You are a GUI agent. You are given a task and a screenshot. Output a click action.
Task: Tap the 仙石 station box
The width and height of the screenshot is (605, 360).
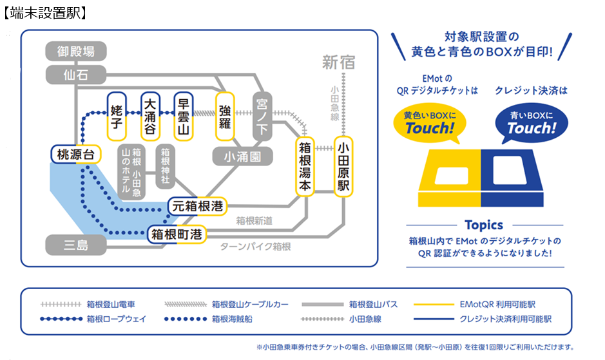pyautogui.click(x=75, y=75)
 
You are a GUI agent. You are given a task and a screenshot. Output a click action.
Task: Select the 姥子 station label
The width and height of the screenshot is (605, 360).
pyautogui.click(x=117, y=113)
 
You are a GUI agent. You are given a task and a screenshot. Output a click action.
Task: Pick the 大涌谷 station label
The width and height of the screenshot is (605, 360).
pyautogui.click(x=150, y=113)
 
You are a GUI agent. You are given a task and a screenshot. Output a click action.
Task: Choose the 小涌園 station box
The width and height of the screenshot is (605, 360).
pyautogui.click(x=243, y=156)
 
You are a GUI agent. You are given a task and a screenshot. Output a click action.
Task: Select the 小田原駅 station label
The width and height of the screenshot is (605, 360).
pyautogui.click(x=343, y=167)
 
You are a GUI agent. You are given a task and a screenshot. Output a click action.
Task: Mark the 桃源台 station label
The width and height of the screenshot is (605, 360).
pyautogui.click(x=76, y=155)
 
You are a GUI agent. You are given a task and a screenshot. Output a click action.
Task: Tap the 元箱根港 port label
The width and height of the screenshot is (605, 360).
pyautogui.click(x=197, y=206)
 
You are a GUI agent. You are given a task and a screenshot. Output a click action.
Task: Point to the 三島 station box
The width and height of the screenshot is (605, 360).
pyautogui.click(x=75, y=245)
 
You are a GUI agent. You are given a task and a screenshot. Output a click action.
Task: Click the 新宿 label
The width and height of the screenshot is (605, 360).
pyautogui.click(x=339, y=62)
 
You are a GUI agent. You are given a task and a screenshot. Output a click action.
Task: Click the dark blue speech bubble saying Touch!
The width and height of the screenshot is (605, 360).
pyautogui.click(x=530, y=123)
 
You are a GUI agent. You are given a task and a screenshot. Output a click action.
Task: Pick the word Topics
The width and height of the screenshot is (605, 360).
pyautogui.click(x=483, y=225)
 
